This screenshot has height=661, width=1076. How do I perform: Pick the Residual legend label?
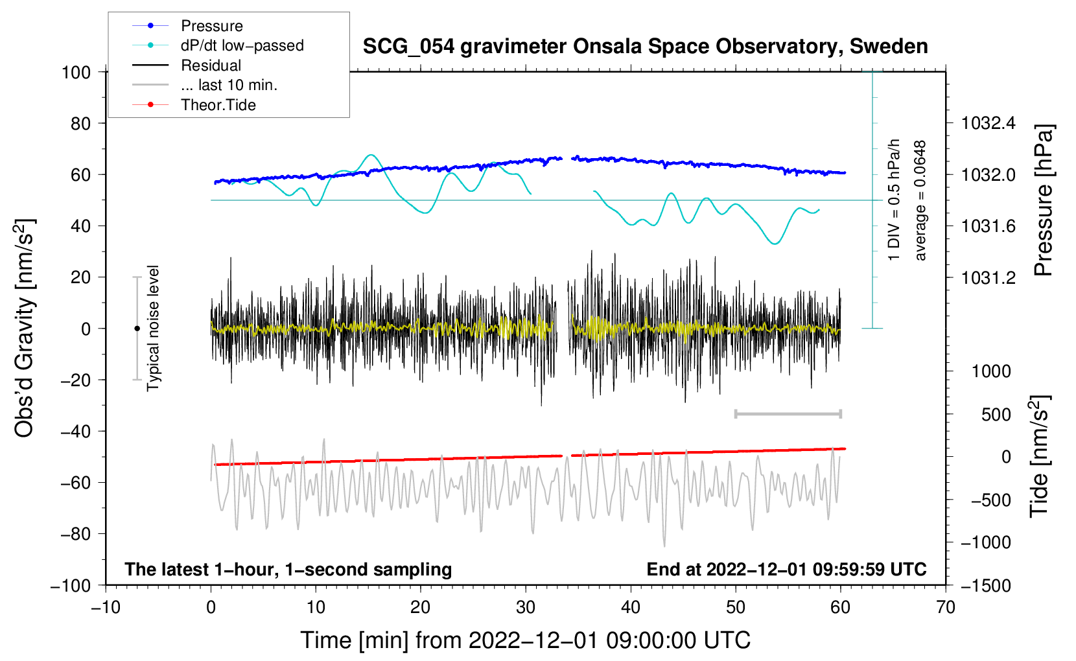tap(211, 65)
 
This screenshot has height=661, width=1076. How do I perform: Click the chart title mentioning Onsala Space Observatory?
tap(645, 47)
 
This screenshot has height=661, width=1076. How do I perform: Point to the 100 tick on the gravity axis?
tap(76, 73)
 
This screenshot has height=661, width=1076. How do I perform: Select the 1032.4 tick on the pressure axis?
tap(988, 124)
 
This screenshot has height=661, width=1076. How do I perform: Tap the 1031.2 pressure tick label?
tap(988, 277)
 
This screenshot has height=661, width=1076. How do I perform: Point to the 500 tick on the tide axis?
tap(996, 415)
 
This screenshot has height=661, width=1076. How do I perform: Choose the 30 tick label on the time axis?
tap(526, 608)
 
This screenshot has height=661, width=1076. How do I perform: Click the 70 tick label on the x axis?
tap(945, 608)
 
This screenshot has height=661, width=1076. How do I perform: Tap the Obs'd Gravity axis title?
tap(24, 328)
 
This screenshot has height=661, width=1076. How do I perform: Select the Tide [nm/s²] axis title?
tap(1040, 456)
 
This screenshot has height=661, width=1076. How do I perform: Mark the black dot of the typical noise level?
tap(137, 329)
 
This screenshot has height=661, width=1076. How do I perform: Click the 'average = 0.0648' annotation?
tap(920, 200)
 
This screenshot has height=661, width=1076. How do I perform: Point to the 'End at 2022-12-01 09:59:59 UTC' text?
tap(786, 569)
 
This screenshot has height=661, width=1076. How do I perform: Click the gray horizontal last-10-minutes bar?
tap(788, 414)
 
